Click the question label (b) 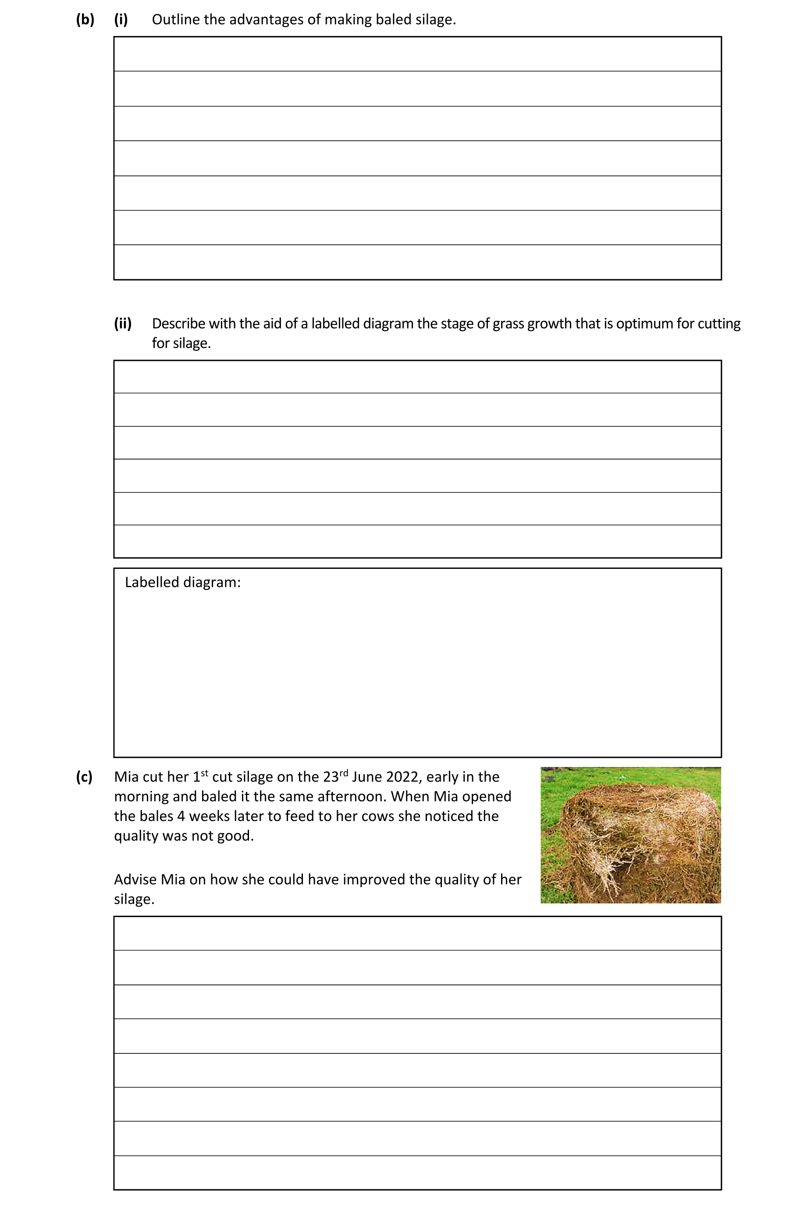point(85,19)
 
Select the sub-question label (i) point(121,19)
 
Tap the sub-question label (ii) point(123,323)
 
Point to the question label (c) point(84,777)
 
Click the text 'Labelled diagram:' point(182,582)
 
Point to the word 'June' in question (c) point(366,777)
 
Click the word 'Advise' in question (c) point(135,879)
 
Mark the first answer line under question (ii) point(417,377)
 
